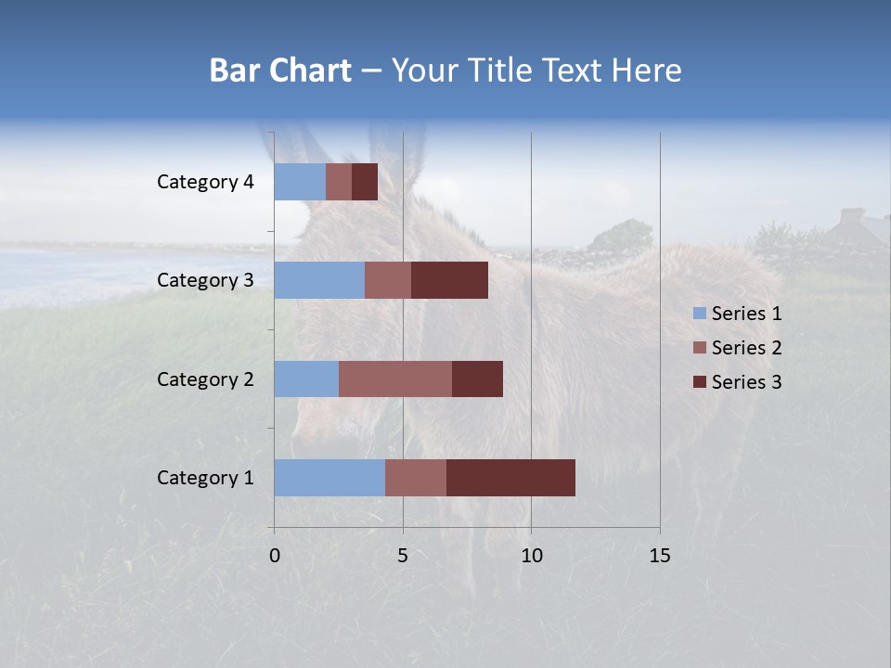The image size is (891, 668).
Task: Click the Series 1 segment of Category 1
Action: coord(329,478)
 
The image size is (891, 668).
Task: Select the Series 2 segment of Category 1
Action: coord(416,478)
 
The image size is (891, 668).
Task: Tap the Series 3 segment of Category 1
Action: coord(510,478)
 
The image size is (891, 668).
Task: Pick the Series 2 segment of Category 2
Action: coord(395,379)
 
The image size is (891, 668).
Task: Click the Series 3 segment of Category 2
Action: coord(477,379)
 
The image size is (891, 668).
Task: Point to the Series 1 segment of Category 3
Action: coord(319,280)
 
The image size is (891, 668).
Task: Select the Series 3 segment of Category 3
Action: coord(449,280)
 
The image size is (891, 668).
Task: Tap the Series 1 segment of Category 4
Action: coord(300,182)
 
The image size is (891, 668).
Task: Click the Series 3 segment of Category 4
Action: coord(365,182)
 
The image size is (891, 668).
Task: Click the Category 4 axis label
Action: coord(205,182)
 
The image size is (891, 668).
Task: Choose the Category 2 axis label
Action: coord(205,379)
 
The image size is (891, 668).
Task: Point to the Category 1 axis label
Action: coord(205,478)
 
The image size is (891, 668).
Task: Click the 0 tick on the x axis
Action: coord(275,556)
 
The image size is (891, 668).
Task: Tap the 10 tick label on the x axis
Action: coord(531,556)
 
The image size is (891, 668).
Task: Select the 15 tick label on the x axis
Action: coord(660,556)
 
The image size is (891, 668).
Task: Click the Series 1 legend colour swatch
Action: coord(699,314)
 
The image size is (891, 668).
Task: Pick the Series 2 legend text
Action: coord(746,348)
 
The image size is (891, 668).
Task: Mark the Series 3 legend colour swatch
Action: coord(699,382)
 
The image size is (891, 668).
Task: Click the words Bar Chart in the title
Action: coord(280,71)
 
